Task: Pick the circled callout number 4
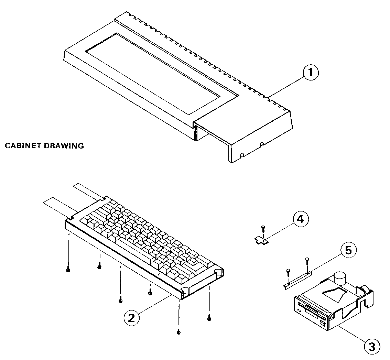[x=300, y=219]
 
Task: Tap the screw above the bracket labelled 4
[x=263, y=227]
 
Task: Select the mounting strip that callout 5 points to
[x=297, y=279]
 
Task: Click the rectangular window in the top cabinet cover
[x=153, y=74]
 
